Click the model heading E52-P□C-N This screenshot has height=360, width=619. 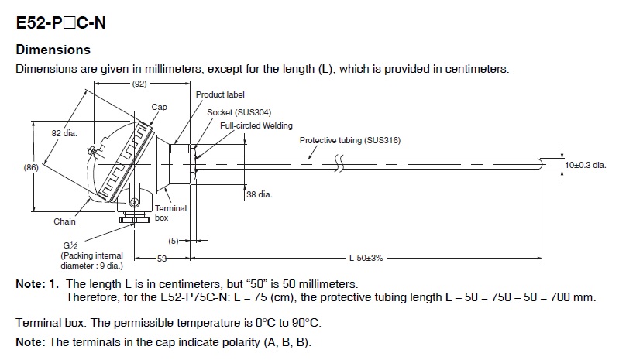tap(60, 22)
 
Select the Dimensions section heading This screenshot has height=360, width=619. tap(53, 50)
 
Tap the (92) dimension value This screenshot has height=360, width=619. tap(139, 84)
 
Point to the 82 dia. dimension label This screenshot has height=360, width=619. tap(64, 133)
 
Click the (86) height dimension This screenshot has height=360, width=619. tap(31, 167)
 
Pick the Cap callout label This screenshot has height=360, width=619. tap(159, 107)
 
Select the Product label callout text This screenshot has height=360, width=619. tap(220, 94)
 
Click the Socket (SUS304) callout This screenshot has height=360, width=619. tap(239, 112)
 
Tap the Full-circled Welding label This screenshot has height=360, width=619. tap(256, 125)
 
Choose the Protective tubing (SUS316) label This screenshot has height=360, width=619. tap(349, 140)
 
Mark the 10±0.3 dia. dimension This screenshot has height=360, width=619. tap(586, 165)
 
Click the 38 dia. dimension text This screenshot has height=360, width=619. tap(260, 194)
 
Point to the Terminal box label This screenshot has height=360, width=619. tap(170, 213)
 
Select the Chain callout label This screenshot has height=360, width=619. tap(64, 221)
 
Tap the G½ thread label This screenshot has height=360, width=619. tap(70, 245)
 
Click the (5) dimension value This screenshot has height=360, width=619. tap(174, 241)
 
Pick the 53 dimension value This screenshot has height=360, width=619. tap(162, 259)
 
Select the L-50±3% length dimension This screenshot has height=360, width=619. tap(366, 259)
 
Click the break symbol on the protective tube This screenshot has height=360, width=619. tap(339, 163)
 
